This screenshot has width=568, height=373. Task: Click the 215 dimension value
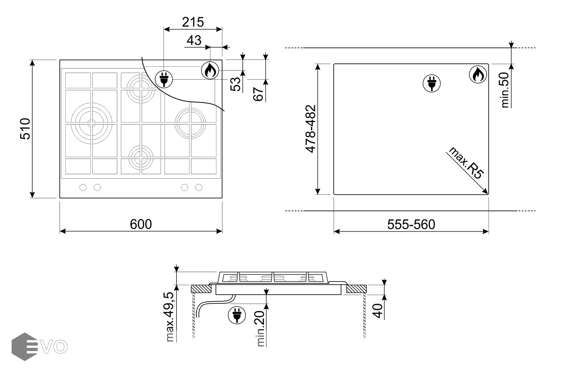click(193, 22)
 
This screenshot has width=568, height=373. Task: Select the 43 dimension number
click(194, 40)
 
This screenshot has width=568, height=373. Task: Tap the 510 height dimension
click(25, 129)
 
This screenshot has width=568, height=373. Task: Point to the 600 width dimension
click(141, 224)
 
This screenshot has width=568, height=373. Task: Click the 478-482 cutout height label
click(310, 129)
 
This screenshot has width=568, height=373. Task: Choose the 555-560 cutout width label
click(411, 225)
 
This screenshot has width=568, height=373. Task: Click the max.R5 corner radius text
click(466, 163)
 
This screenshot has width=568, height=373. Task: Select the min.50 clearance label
click(505, 90)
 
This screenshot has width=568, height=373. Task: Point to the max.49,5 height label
click(170, 317)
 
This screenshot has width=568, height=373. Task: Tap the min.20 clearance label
click(260, 329)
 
